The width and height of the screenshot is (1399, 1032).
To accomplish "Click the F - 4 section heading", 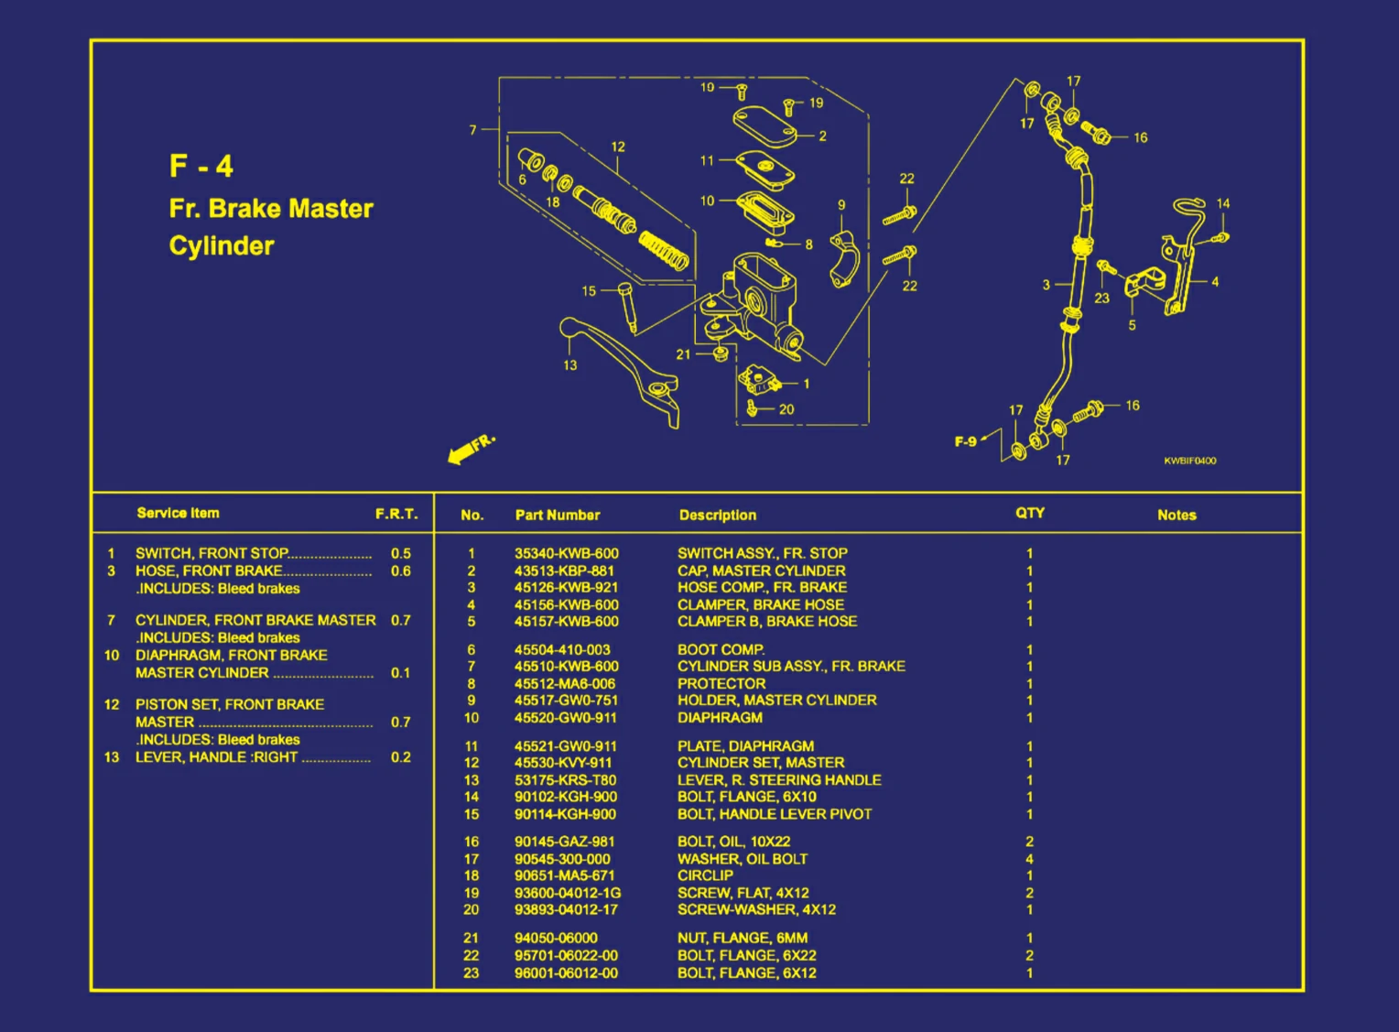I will (x=201, y=167).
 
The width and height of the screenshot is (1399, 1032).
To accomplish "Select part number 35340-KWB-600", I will (x=566, y=553).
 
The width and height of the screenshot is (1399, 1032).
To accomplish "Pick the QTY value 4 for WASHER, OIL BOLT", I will (x=1029, y=859).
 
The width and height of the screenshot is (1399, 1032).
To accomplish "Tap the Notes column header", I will (x=1177, y=515).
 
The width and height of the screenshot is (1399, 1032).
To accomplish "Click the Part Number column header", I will (x=557, y=515).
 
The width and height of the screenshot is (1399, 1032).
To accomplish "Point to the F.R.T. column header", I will (x=396, y=514).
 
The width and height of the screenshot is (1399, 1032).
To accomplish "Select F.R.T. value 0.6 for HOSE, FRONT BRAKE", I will (x=400, y=570).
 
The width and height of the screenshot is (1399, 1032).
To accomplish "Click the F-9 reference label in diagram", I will (x=965, y=441).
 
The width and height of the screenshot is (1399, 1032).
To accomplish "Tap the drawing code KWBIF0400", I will (x=1189, y=461).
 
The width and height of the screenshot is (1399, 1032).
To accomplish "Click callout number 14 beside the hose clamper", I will (x=1223, y=203).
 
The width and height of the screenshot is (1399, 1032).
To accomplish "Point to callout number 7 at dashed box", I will (x=472, y=130).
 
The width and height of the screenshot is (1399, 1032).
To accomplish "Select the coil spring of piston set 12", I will (x=664, y=251).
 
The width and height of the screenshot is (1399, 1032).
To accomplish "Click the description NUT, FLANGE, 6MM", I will (x=742, y=938).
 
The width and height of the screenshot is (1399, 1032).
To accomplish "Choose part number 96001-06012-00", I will (x=566, y=972).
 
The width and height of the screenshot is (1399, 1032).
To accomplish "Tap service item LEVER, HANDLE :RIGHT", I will (x=216, y=757).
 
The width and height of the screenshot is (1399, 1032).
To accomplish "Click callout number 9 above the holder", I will (x=841, y=205).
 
